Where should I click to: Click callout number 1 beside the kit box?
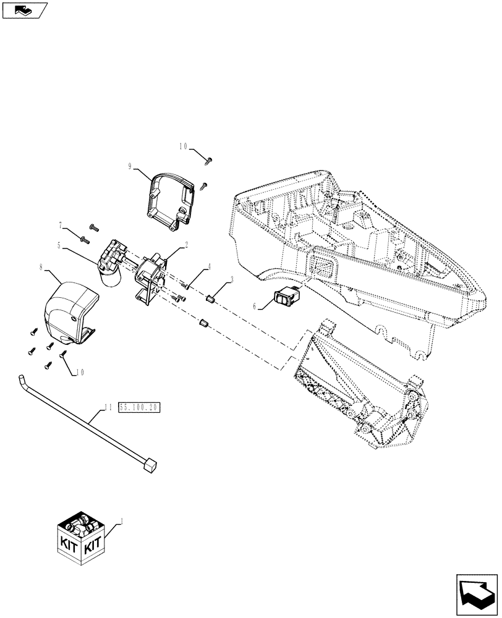pyautogui.click(x=122, y=522)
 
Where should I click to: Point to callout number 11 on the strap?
pyautogui.click(x=108, y=407)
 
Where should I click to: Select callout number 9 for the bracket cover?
pyautogui.click(x=130, y=166)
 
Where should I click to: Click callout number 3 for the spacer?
pyautogui.click(x=231, y=280)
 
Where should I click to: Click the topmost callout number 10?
pyautogui.click(x=184, y=147)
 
